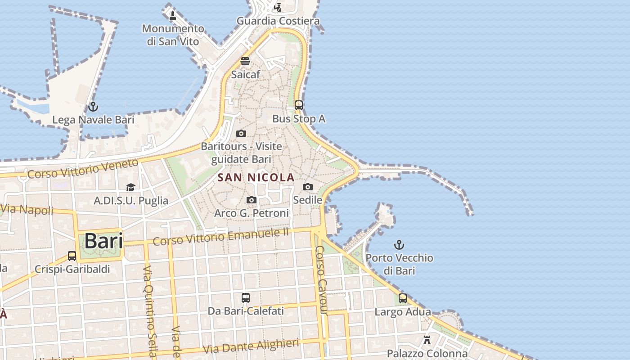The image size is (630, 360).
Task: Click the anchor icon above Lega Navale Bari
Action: click(93, 107)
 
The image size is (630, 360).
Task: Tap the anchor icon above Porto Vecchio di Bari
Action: click(399, 245)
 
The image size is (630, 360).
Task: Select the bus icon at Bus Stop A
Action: click(299, 105)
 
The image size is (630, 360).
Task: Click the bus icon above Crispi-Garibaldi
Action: click(72, 256)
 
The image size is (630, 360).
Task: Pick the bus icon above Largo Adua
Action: click(403, 298)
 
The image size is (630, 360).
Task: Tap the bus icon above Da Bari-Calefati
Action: click(246, 297)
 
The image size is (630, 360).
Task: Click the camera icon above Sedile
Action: click(308, 187)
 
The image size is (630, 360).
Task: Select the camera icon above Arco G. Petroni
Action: click(252, 200)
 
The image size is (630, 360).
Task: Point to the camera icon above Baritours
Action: click(241, 133)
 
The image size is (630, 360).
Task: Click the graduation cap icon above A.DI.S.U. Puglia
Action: click(130, 187)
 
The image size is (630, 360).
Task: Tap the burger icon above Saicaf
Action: click(245, 61)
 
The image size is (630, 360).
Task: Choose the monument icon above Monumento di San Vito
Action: click(173, 16)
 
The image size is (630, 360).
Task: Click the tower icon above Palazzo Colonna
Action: click(427, 340)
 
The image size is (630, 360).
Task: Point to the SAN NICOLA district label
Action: click(256, 177)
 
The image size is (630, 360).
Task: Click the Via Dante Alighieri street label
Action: click(251, 346)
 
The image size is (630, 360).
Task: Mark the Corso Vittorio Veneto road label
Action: click(83, 168)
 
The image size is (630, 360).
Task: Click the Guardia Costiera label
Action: click(278, 21)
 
